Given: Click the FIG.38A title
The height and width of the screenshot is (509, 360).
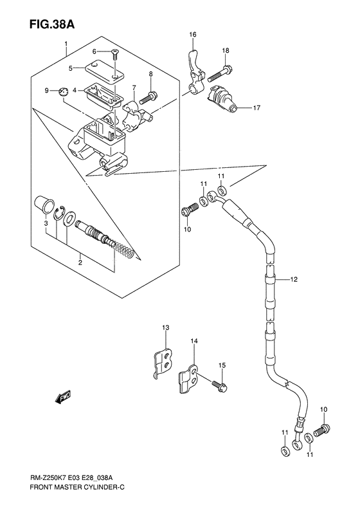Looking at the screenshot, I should click(40, 24).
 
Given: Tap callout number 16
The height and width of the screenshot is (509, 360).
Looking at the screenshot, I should click(192, 34).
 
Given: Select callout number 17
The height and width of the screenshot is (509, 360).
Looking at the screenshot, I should click(256, 107).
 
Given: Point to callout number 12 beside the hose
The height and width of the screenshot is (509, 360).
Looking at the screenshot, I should click(294, 279).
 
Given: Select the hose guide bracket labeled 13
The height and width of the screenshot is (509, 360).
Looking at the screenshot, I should click(165, 362).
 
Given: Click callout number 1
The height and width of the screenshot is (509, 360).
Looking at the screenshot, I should click(65, 44).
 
